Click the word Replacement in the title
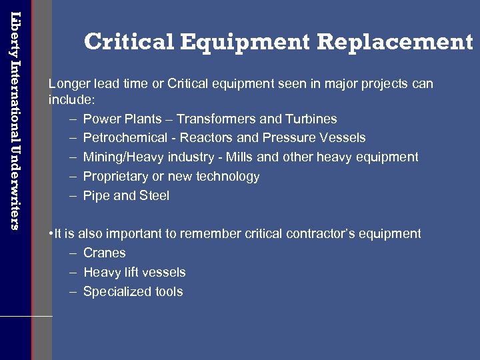tap(395, 42)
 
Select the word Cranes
tap(104, 253)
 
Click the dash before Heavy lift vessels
tap(72, 273)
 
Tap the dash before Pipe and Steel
tap(72, 196)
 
